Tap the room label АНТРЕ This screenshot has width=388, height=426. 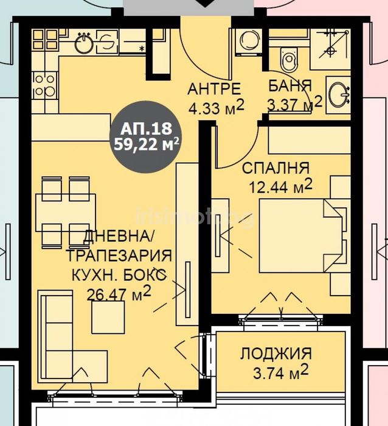pyautogui.click(x=213, y=89)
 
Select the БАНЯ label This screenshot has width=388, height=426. pyautogui.click(x=290, y=85)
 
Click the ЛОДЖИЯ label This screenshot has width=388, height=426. pyautogui.click(x=275, y=353)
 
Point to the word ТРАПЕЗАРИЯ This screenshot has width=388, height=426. pyautogui.click(x=119, y=255)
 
